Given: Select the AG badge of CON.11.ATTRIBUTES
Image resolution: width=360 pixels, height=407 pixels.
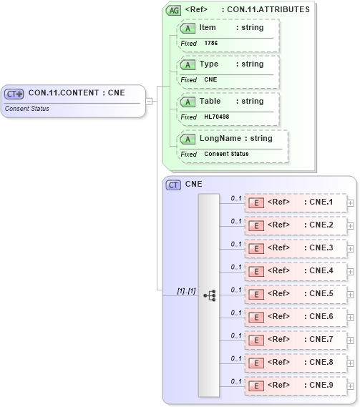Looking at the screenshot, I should tap(173, 10).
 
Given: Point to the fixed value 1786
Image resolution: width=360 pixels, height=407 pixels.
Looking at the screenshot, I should tap(211, 44).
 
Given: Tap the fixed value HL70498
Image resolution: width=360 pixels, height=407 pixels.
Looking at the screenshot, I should tap(216, 117).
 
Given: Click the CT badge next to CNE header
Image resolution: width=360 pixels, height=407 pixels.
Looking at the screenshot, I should tap(173, 185).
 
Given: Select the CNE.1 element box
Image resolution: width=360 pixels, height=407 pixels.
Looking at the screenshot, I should tap(296, 202).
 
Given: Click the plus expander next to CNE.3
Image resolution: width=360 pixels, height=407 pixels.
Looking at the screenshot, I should tap(350, 248).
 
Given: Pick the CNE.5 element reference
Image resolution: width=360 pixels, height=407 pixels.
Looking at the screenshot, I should tap(296, 294).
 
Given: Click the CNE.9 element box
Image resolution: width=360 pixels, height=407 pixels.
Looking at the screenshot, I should tap(296, 386).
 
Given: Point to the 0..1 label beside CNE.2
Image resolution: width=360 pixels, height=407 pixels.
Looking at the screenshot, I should tap(235, 220).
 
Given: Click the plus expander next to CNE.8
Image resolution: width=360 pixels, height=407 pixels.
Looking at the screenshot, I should tap(350, 363).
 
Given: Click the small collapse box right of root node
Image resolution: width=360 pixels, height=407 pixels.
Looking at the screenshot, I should tap(150, 101).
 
